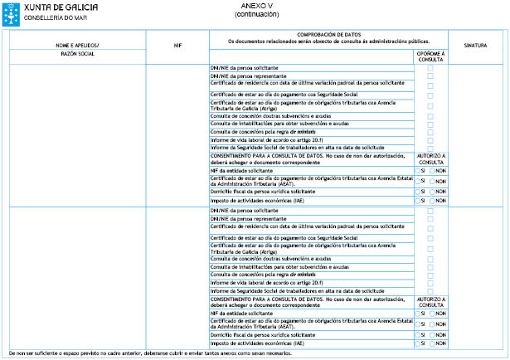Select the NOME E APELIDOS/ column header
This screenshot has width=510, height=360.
click(x=77, y=45)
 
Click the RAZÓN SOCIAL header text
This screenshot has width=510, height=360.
click(x=77, y=53)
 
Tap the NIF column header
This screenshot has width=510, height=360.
click(x=177, y=45)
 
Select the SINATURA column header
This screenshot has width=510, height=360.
click(x=476, y=45)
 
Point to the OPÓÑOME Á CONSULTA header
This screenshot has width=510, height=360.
click(x=430, y=56)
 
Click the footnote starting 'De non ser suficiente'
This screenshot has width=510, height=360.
click(x=149, y=353)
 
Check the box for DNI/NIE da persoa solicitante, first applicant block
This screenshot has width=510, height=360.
click(x=430, y=67)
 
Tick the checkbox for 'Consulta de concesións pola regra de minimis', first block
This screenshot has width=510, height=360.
click(x=430, y=131)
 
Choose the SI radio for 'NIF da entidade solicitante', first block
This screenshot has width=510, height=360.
click(x=419, y=170)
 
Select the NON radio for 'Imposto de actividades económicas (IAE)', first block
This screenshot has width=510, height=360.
click(x=433, y=199)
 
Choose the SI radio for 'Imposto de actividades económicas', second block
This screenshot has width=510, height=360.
click(x=419, y=343)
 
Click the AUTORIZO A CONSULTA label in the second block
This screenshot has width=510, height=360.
click(x=430, y=301)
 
